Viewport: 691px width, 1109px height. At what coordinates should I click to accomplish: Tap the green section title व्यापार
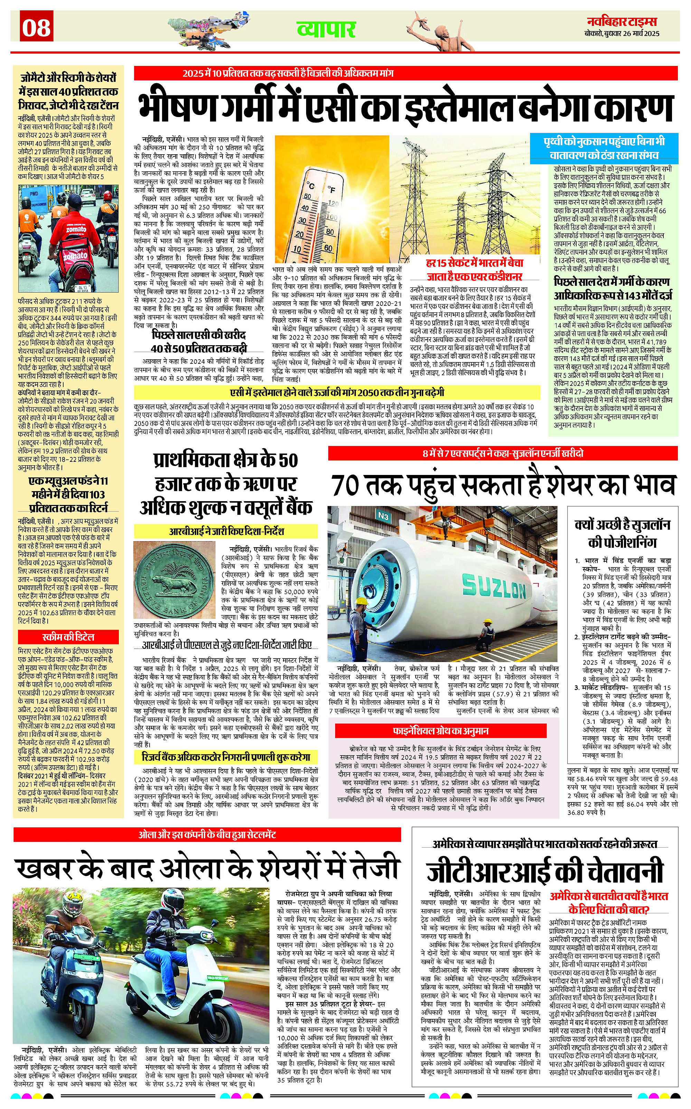(326, 29)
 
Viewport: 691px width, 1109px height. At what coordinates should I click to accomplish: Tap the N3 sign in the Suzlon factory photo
(383, 516)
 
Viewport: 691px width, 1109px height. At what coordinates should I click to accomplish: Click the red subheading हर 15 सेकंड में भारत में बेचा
(474, 263)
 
